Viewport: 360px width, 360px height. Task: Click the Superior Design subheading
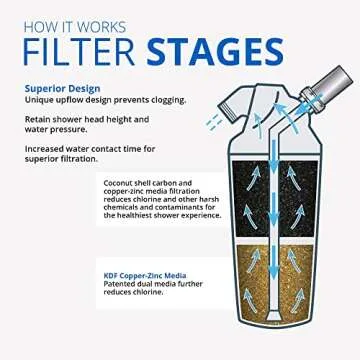coord(61,88)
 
